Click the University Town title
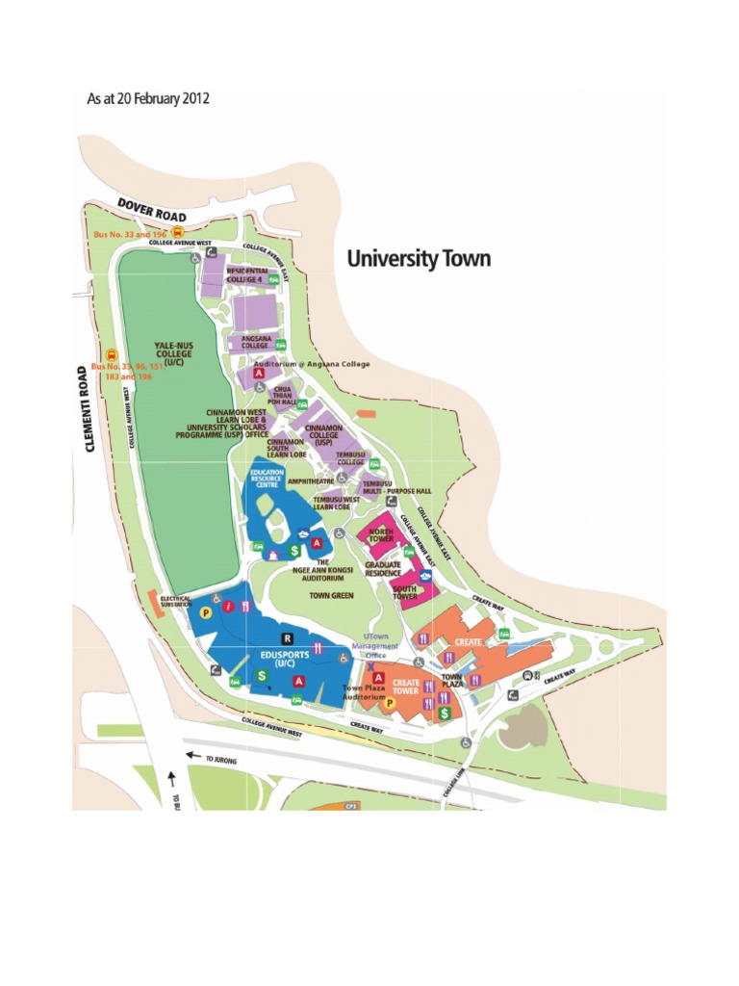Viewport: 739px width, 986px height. [x=418, y=259]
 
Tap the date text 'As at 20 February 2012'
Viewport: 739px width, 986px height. [x=148, y=99]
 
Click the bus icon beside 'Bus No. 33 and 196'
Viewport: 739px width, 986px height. [x=177, y=231]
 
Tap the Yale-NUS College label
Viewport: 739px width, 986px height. [x=173, y=353]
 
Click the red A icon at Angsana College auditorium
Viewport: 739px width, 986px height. [x=258, y=373]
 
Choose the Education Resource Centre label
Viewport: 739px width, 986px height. [x=267, y=479]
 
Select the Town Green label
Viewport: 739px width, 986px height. [x=331, y=596]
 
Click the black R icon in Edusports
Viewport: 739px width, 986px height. [x=287, y=637]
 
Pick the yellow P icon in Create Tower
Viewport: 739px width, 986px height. [x=390, y=703]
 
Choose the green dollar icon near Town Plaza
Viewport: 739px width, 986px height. [x=445, y=714]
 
